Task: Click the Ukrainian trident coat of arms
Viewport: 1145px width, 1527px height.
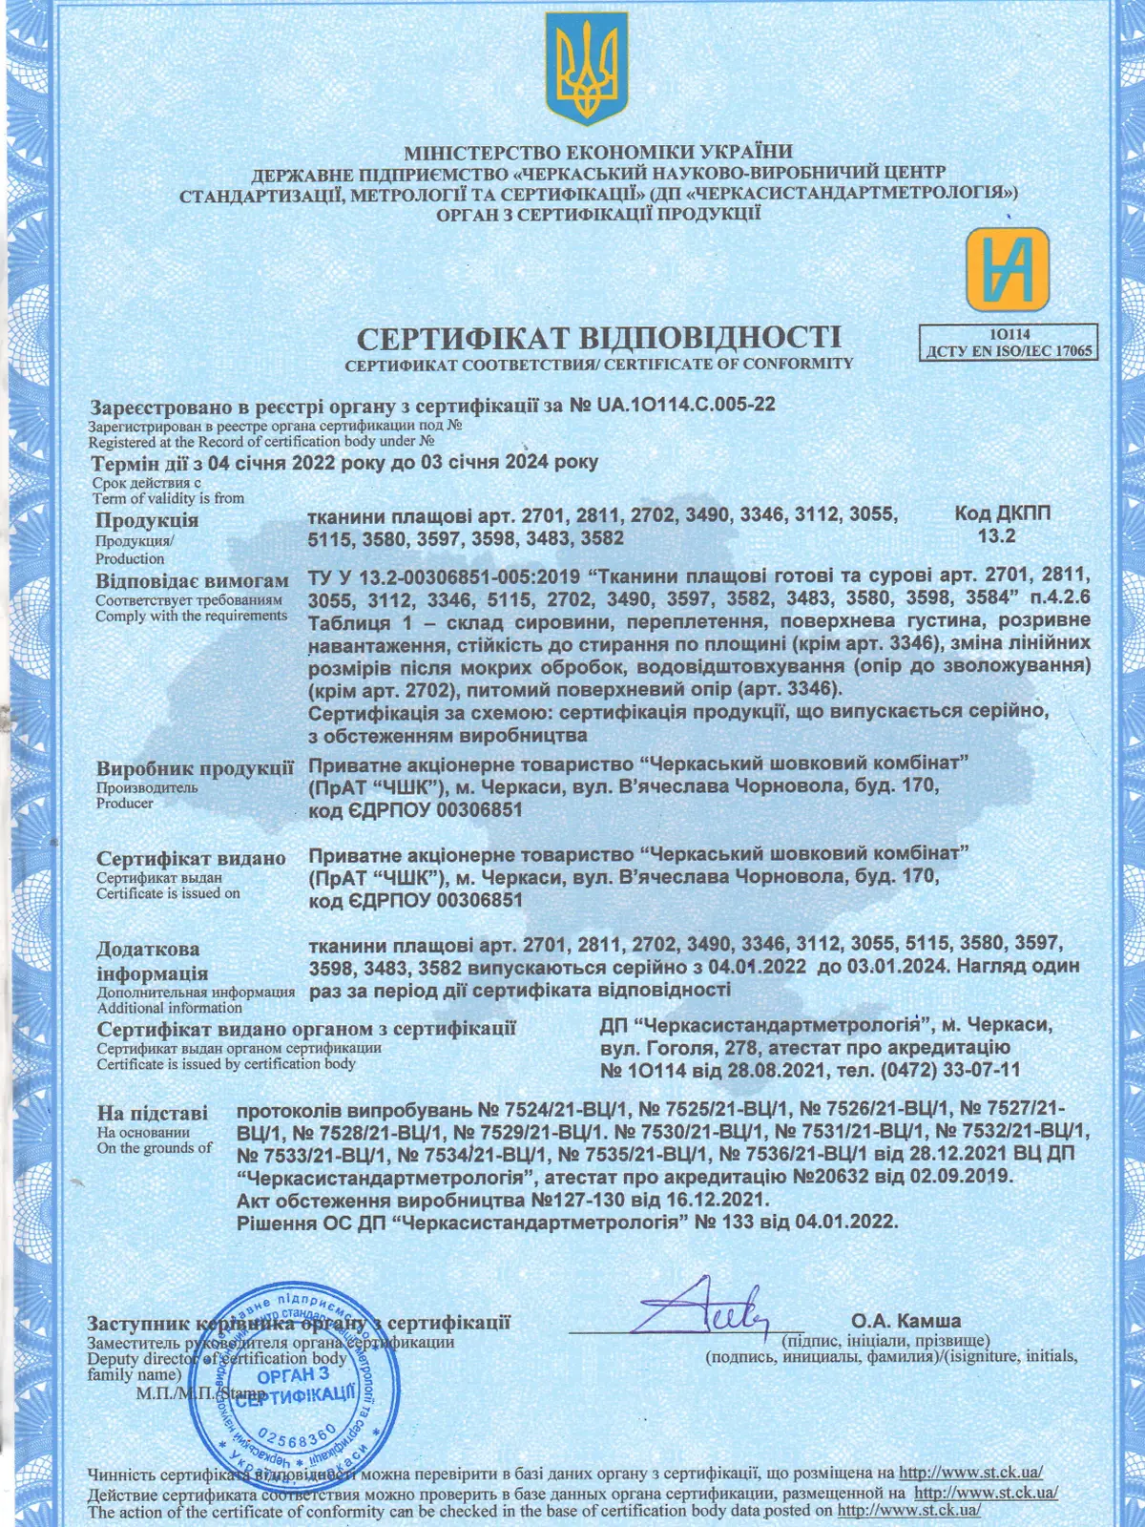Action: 587,69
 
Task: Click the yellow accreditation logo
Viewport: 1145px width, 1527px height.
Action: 1007,269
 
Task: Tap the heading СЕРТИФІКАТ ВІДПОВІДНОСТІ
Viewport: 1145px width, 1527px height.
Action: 598,338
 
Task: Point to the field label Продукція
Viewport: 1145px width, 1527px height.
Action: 147,520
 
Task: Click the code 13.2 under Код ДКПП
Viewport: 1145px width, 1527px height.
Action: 996,535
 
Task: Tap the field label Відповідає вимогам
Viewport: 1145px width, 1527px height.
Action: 192,581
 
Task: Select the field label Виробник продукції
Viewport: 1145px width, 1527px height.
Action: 195,768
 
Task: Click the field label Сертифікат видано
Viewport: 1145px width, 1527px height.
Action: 191,858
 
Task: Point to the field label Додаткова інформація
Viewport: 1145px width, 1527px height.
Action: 152,961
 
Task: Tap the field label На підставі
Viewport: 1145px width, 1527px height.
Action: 152,1113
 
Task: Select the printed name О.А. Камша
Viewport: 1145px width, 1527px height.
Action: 906,1322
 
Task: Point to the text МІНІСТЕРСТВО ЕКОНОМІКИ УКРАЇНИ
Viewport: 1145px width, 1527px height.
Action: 598,153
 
